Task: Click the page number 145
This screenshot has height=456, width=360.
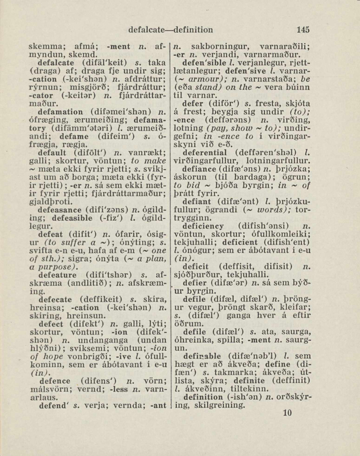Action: tap(302, 30)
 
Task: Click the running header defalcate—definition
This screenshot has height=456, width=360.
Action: tap(171, 30)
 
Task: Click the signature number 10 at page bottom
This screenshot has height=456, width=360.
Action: tap(287, 412)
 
